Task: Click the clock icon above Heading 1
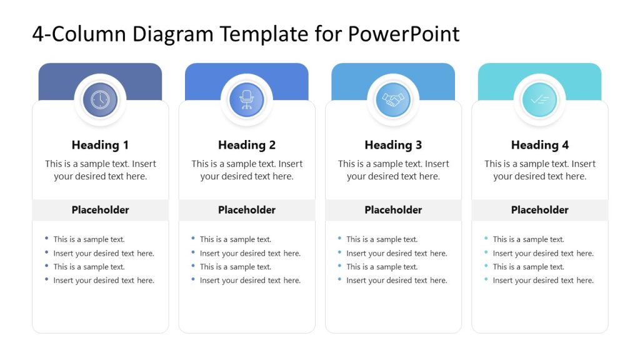[x=100, y=100]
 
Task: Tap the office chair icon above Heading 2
[x=247, y=100]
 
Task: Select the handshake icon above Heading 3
[x=393, y=100]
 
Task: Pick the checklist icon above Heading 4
[x=539, y=100]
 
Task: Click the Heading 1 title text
[x=100, y=145]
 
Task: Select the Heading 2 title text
[x=247, y=145]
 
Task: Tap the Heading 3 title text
[x=393, y=145]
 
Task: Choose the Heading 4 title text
[x=539, y=145]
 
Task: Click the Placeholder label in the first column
[x=100, y=210]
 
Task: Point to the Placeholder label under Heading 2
[x=247, y=210]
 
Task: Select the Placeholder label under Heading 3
[x=393, y=210]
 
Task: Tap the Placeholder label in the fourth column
[x=539, y=210]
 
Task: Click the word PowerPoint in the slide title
[x=404, y=34]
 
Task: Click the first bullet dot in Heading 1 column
[x=47, y=238]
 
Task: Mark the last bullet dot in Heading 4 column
[x=486, y=279]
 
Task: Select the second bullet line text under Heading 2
[x=250, y=253]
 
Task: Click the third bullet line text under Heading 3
[x=382, y=267]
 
